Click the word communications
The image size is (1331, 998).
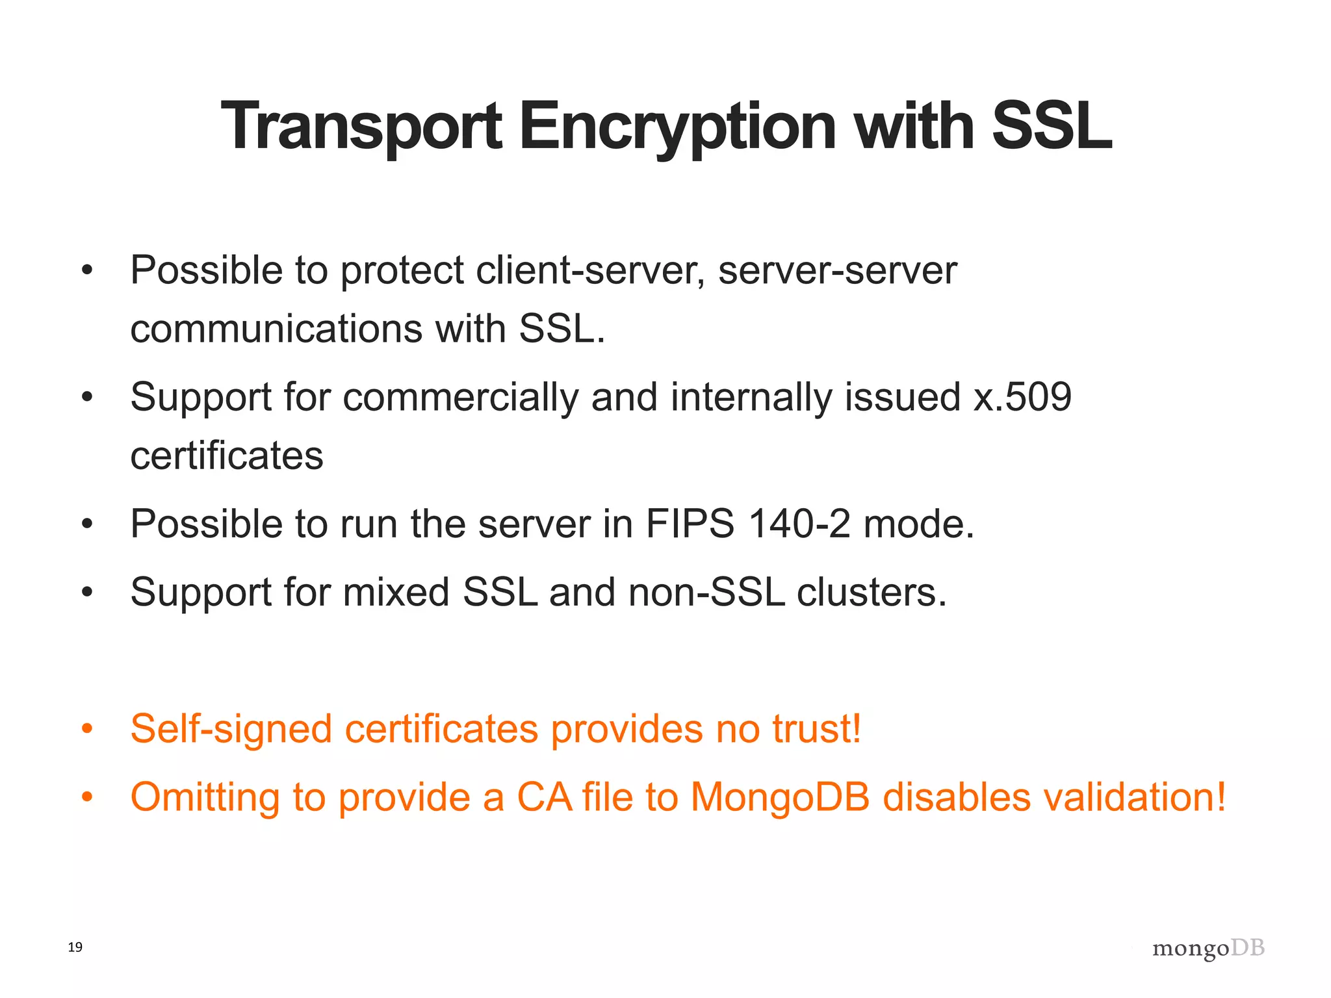276,329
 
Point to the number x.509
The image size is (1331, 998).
1022,397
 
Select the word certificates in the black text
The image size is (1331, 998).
227,455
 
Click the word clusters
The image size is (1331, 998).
872,593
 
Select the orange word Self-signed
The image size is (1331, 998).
231,729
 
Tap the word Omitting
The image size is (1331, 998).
205,798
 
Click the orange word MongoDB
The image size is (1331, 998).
780,797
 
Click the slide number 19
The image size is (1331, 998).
75,947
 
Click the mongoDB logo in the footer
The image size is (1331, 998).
1208,949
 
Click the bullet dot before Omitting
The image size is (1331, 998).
88,797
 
